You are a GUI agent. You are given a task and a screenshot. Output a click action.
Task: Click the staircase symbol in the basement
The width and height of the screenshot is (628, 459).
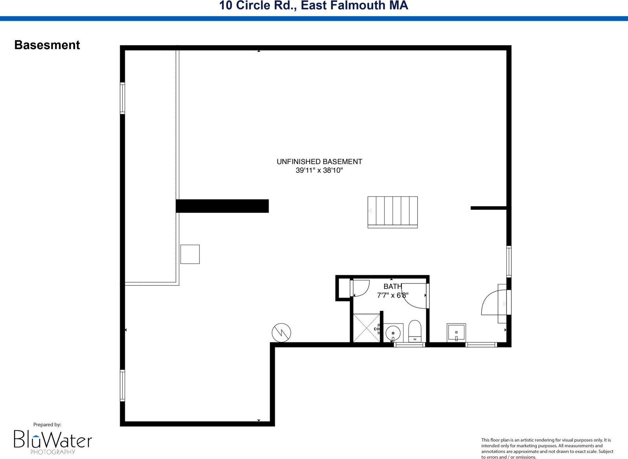tap(392, 212)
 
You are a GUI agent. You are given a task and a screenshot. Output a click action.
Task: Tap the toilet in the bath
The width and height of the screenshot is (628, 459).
tap(414, 331)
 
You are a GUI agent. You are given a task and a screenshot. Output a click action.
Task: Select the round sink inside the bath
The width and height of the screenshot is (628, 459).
tap(393, 333)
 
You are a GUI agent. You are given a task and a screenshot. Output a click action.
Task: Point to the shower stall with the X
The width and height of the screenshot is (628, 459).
tap(367, 328)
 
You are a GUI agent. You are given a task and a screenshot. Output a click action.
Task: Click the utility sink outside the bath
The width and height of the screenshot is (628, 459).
tap(456, 333)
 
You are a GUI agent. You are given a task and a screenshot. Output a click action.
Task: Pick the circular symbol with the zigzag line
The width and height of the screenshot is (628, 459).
tap(281, 333)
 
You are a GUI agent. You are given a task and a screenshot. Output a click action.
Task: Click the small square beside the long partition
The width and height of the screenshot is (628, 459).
tap(190, 254)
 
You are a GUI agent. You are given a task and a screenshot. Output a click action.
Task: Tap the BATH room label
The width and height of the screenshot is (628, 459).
tap(392, 287)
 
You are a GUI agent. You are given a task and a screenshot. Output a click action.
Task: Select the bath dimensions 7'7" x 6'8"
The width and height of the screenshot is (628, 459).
tap(392, 295)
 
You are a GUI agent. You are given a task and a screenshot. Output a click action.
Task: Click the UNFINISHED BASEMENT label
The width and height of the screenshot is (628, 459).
tap(319, 162)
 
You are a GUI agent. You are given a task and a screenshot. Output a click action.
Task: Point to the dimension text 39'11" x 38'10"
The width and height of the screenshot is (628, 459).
tap(319, 170)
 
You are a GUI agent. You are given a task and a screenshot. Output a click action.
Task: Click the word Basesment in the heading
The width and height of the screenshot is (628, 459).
tap(47, 45)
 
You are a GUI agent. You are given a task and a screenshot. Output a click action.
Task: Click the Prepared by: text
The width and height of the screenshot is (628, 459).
tap(47, 424)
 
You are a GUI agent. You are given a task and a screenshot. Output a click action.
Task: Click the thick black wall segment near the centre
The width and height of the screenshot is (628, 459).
tap(222, 206)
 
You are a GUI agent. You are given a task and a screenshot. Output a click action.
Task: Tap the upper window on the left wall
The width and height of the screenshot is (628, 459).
tap(122, 98)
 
